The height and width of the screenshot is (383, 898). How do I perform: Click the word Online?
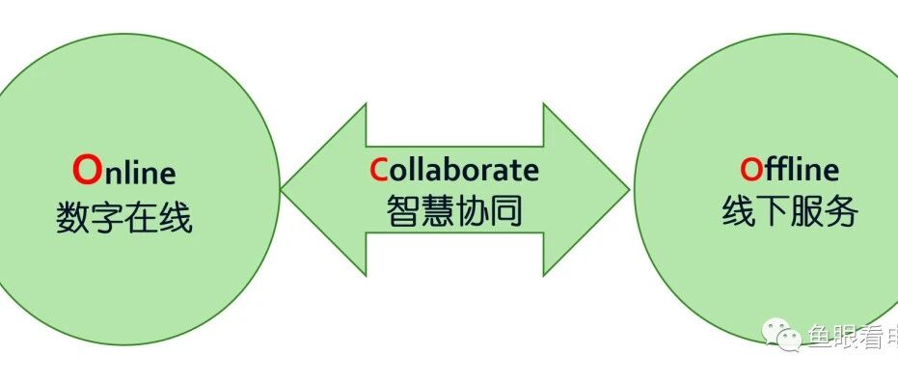tap(124, 171)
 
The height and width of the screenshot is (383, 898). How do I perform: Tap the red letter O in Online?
tap(87, 171)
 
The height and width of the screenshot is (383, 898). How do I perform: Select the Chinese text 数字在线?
tap(124, 217)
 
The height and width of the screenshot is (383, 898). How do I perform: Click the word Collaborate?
tap(454, 170)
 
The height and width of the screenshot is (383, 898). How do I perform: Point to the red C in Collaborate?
tap(378, 170)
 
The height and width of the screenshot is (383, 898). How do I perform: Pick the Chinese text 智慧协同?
tap(454, 211)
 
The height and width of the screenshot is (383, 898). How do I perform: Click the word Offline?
tap(789, 169)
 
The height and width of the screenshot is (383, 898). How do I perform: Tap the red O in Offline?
tap(750, 170)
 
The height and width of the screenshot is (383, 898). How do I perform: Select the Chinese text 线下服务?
tap(790, 211)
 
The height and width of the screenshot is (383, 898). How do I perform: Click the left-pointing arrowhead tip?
tap(282, 190)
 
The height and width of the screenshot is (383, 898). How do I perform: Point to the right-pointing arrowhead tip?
tap(629, 190)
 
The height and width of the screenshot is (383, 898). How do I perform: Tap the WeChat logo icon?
tap(782, 336)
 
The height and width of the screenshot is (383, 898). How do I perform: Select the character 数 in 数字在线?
tap(72, 218)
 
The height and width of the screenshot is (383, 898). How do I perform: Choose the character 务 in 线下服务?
tap(841, 211)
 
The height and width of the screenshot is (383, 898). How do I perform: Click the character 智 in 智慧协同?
tap(403, 211)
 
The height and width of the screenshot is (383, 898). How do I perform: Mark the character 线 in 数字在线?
tap(176, 218)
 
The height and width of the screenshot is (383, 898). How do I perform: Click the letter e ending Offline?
tap(830, 173)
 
